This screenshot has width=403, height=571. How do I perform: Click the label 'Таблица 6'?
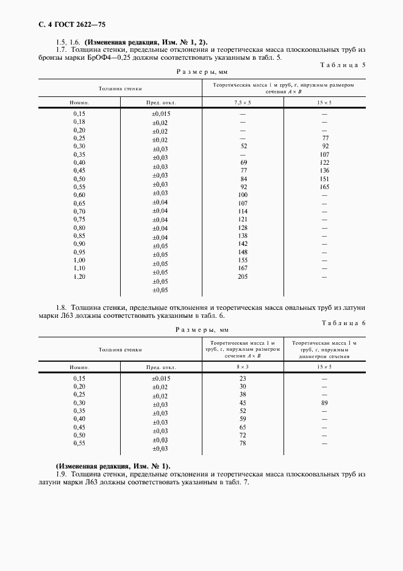pyautogui.click(x=343, y=322)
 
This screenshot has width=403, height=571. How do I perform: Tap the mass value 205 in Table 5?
pyautogui.click(x=243, y=276)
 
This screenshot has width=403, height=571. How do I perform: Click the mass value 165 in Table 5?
pyautogui.click(x=324, y=187)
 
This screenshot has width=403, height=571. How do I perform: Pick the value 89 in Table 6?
pyautogui.click(x=324, y=403)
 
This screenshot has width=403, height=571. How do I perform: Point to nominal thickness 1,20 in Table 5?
pyautogui.click(x=79, y=276)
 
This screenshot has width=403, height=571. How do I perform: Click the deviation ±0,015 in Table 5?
pyautogui.click(x=161, y=114)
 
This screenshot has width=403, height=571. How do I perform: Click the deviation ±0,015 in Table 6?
pyautogui.click(x=161, y=379)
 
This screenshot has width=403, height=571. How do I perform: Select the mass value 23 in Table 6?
pyautogui.click(x=243, y=379)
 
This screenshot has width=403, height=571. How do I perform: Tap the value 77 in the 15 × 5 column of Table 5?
pyautogui.click(x=325, y=138)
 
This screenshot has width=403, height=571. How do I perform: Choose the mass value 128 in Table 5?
pyautogui.click(x=243, y=228)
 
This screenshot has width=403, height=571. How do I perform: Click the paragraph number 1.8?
pyautogui.click(x=60, y=308)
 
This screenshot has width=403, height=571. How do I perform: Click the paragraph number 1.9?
pyautogui.click(x=60, y=474)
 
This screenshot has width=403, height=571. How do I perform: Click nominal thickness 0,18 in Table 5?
pyautogui.click(x=79, y=122)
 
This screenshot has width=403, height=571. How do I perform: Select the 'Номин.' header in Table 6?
pyautogui.click(x=79, y=367)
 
